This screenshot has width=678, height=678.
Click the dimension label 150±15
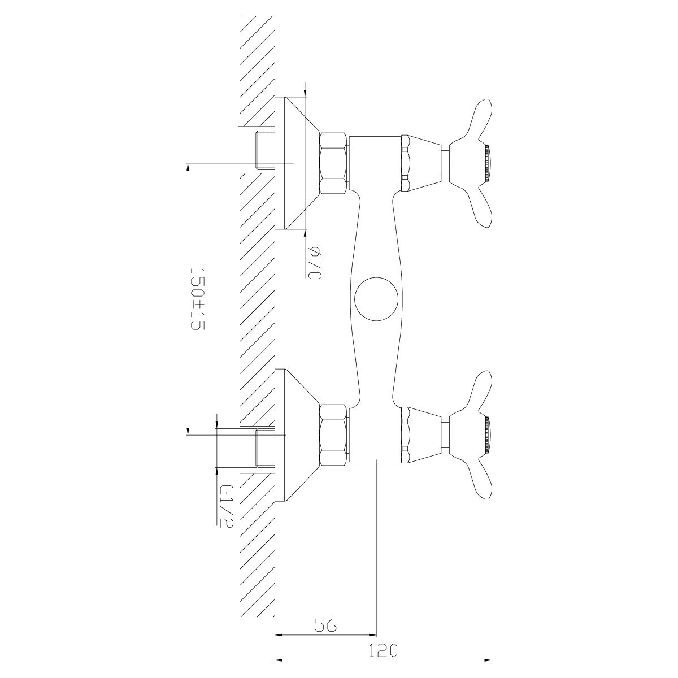[197, 299]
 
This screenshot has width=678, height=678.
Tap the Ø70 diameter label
[315, 263]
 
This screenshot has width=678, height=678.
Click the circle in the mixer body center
[376, 299]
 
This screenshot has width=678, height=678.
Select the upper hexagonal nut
[333, 163]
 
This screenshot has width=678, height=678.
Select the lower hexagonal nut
[333, 436]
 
